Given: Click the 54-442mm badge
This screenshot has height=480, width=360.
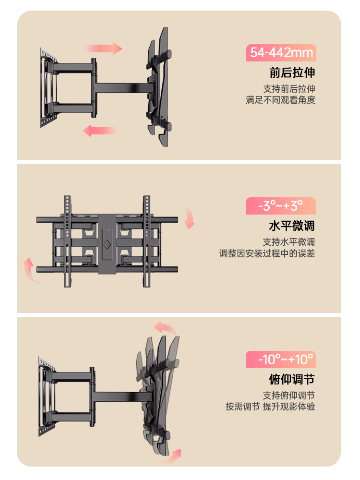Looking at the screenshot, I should pos(281,53).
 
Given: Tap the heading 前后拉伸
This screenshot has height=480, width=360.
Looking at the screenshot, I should pos(292,73).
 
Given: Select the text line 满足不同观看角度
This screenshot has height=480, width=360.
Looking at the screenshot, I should pos(280,100).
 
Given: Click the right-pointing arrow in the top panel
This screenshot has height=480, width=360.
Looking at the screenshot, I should pos(104,48).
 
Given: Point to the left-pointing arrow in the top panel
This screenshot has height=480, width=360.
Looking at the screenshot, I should pos(99,130).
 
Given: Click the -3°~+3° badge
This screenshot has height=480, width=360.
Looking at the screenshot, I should pos(281,206).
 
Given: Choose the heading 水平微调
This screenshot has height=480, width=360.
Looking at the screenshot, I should pos(292,226).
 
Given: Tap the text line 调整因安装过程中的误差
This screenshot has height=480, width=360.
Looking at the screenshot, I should pos(267,253).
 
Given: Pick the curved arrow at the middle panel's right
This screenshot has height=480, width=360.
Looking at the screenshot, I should pos(188,216).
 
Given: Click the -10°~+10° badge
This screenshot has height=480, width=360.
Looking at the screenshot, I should pos(281,359).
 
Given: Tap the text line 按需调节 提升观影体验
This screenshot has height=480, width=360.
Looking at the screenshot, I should pos(271,407).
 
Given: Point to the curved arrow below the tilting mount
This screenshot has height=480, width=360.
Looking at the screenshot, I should pos(170,454).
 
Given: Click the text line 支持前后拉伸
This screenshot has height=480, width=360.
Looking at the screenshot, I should pos(289,89).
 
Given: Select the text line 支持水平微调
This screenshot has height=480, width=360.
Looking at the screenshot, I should pos(289,242).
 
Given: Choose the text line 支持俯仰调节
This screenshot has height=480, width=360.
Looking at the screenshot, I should pos(289,396).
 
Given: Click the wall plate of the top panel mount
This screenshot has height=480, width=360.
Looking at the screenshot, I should pos(46,89).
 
